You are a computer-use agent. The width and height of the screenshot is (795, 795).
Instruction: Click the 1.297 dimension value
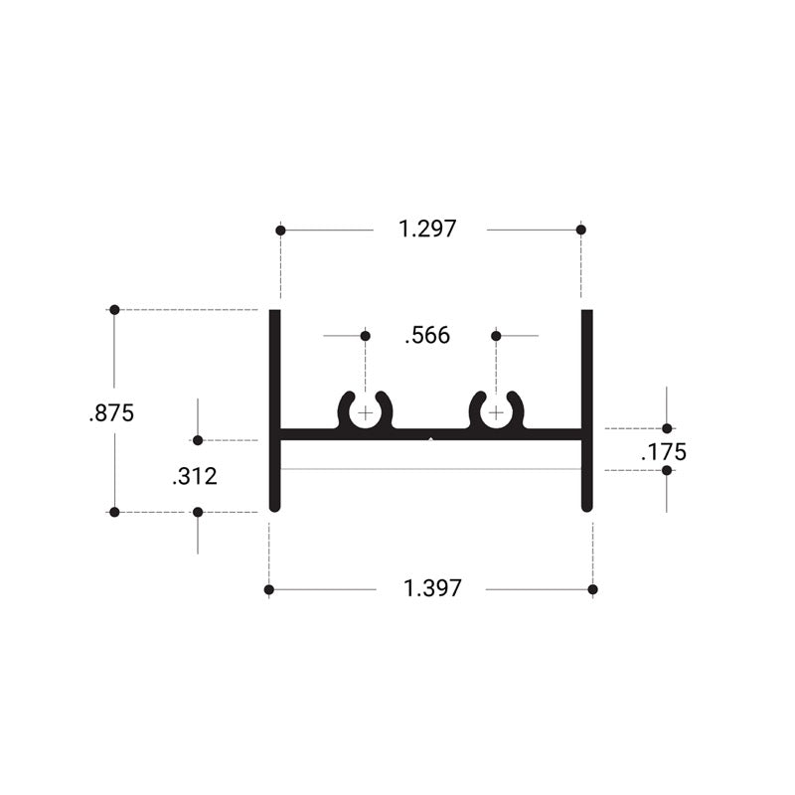427,229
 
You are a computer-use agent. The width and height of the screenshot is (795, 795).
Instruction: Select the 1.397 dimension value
432,588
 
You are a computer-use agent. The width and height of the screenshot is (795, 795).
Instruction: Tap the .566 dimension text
427,336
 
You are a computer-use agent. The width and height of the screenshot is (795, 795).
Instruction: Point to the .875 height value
110,413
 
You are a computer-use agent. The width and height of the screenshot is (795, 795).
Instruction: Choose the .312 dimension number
194,477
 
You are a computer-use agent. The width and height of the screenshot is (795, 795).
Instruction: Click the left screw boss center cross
366,412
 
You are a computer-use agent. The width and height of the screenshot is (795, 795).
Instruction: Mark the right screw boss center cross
496,412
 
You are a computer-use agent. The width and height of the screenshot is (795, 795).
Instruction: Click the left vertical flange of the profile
275,409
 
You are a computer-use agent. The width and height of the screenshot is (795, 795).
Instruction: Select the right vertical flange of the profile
587,409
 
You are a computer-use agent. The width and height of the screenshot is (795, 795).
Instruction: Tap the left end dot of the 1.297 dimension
281,230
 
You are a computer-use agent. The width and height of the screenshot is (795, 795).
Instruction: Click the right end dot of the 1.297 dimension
581,230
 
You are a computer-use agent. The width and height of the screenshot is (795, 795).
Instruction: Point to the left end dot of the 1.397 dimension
269,590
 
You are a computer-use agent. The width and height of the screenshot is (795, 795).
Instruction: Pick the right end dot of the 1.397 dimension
593,590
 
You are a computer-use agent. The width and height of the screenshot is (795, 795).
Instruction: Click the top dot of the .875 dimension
114,310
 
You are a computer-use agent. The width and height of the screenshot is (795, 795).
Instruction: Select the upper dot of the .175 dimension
667,428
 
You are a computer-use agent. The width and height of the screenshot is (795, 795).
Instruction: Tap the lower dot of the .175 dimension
667,470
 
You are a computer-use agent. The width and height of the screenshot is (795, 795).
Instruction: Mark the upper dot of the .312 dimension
198,440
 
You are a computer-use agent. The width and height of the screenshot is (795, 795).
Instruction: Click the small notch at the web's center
430,435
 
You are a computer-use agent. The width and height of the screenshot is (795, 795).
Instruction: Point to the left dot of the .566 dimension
366,336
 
